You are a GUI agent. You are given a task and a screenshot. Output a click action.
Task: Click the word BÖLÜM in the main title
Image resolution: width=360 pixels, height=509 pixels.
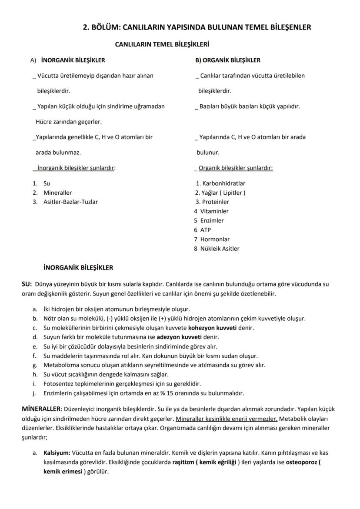[105, 27]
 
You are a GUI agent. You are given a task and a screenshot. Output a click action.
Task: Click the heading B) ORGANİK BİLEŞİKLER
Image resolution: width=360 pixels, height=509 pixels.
[228, 60]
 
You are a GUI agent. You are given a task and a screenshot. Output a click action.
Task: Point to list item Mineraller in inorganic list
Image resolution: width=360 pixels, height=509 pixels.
[57, 193]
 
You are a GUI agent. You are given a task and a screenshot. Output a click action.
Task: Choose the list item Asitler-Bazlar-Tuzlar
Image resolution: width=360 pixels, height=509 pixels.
[70, 202]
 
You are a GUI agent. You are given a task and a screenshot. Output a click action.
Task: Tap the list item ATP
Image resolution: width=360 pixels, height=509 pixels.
[205, 230]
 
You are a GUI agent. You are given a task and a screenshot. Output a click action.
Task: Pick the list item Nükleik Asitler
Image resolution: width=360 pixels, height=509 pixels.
[220, 249]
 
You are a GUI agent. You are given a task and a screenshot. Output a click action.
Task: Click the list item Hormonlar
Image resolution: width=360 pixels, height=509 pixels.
[215, 239]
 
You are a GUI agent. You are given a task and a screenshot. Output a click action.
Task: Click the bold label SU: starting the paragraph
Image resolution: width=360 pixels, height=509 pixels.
[27, 284]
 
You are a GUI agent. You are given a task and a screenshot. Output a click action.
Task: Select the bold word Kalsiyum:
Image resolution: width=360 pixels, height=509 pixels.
[57, 452]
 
